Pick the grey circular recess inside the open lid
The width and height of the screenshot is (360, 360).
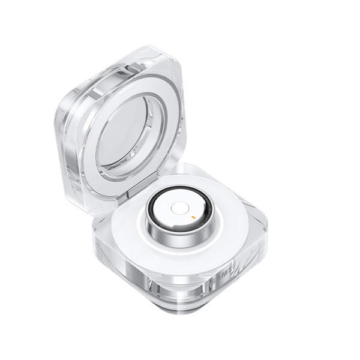pos(122,135)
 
